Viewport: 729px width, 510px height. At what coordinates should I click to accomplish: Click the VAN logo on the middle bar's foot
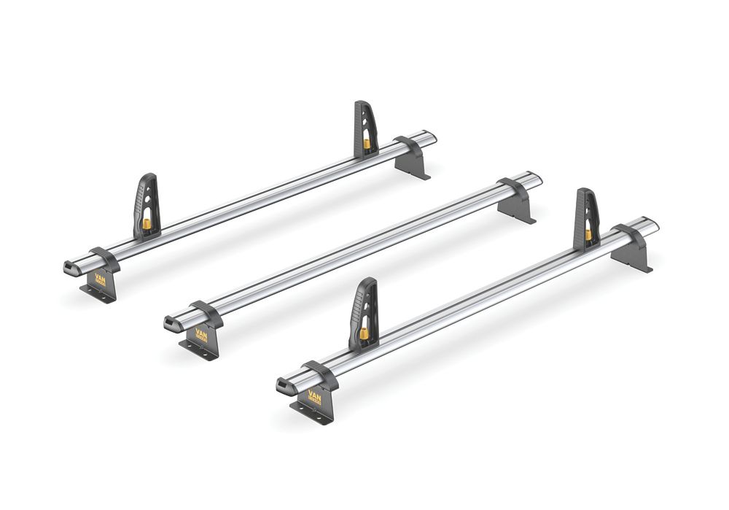[200, 334]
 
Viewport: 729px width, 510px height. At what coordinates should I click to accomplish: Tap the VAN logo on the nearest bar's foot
[314, 398]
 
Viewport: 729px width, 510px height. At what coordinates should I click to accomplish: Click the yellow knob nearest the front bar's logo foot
[363, 333]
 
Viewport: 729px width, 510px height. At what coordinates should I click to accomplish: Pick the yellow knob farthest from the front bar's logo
[588, 234]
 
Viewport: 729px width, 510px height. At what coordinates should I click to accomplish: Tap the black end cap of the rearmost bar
[71, 267]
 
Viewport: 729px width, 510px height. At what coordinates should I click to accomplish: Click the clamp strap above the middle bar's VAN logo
[206, 313]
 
